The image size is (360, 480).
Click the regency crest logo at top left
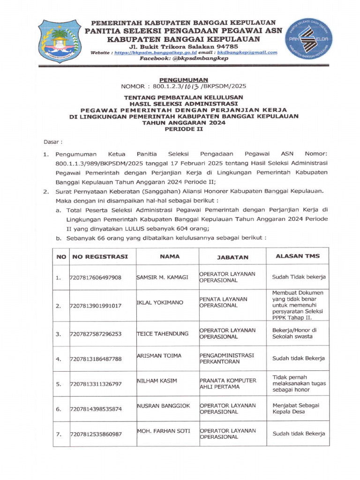[59, 41]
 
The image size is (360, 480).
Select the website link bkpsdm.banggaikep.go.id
[152, 53]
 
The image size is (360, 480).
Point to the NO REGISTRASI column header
[100, 257]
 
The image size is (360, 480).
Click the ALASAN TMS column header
[297, 256]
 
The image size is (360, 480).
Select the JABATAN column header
[232, 257]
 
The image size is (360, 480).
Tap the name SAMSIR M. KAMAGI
[162, 277]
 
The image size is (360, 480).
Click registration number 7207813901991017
[96, 306]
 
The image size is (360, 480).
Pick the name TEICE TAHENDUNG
[162, 333]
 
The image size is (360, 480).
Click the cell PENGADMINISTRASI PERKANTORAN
[227, 359]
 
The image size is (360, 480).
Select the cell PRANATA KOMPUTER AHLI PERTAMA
[228, 383]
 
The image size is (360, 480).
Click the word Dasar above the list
[53, 141]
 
